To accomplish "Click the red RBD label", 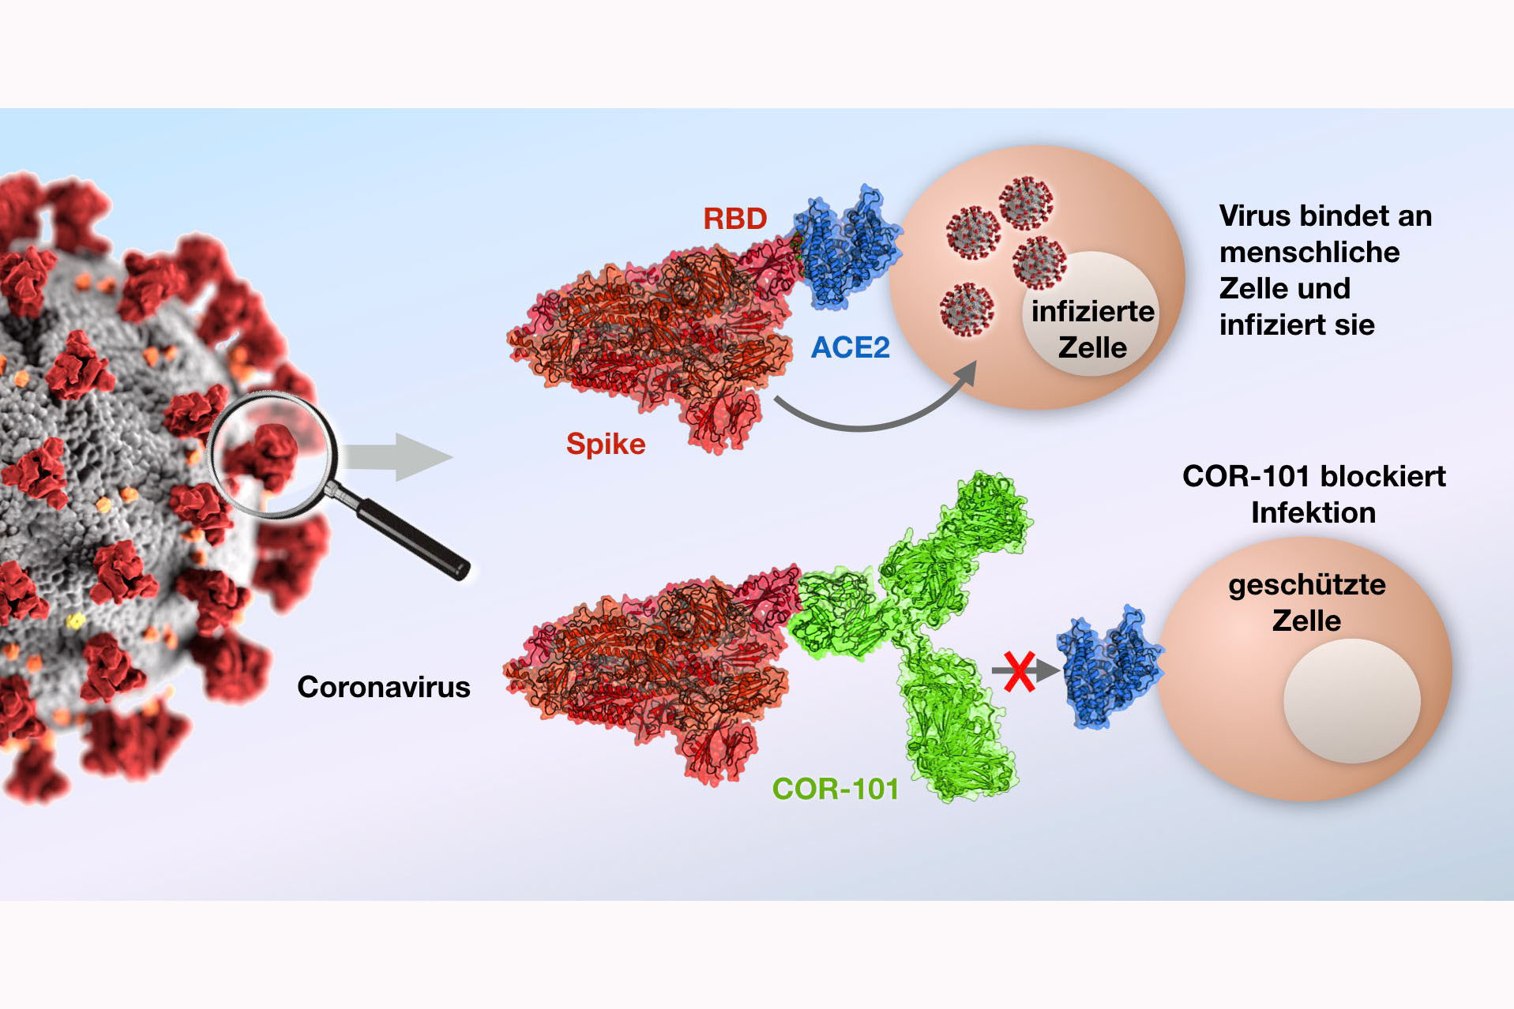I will click(x=734, y=219).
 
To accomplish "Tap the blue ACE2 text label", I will click(x=850, y=347).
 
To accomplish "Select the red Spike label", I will click(x=606, y=444).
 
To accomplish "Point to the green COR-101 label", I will click(x=836, y=789).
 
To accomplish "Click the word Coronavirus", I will click(x=383, y=687).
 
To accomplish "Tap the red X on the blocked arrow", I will click(x=1019, y=672).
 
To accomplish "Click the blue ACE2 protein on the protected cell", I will click(x=1110, y=667).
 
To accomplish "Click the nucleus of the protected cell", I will click(x=1351, y=700).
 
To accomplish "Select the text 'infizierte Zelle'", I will click(x=1092, y=329).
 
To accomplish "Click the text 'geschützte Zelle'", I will click(x=1306, y=602).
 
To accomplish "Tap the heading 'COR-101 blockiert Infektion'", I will click(x=1313, y=494).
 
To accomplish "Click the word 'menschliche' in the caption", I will click(x=1309, y=252).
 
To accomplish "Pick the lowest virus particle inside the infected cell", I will click(x=967, y=309).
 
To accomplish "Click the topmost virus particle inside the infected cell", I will click(x=1025, y=202).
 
